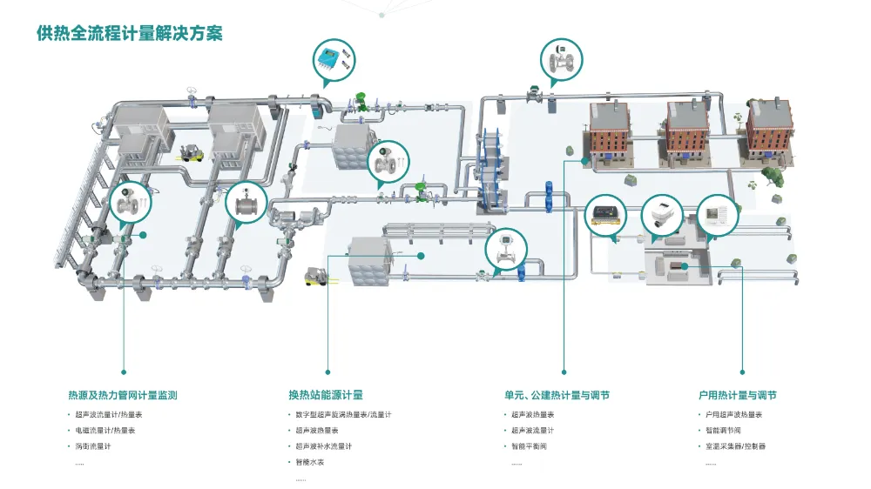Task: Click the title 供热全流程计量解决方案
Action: [130, 34]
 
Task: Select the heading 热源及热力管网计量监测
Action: [123, 395]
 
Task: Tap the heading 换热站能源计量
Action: [326, 395]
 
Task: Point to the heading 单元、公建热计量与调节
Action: [557, 395]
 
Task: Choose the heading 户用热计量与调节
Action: [737, 395]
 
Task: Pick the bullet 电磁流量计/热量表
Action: [105, 431]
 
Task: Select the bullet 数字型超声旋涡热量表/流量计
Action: [343, 414]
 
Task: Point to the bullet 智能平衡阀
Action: [529, 446]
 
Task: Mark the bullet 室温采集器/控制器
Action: [735, 446]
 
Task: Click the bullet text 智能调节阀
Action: [723, 431]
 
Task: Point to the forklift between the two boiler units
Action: [191, 152]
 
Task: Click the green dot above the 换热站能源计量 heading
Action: [328, 372]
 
